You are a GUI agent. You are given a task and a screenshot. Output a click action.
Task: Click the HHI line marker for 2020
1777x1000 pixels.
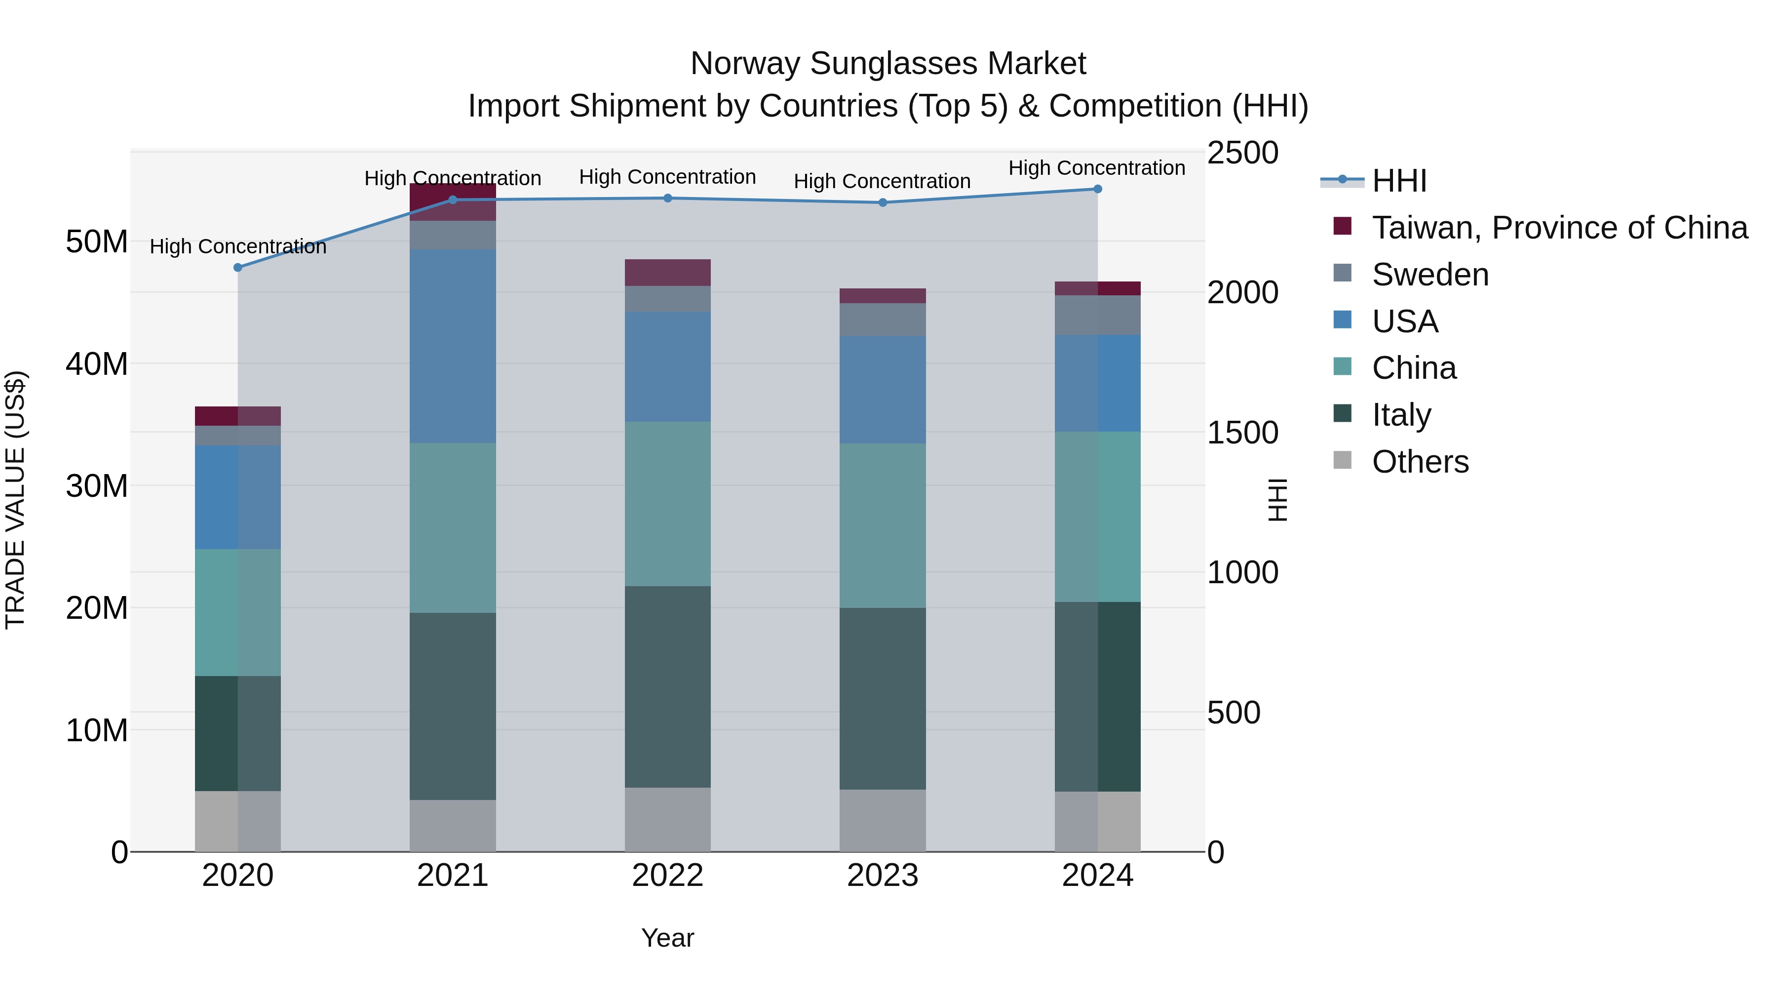[238, 268]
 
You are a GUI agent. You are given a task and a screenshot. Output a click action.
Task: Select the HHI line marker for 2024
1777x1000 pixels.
[1097, 189]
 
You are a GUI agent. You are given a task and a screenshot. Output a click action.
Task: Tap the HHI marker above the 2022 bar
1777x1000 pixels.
[668, 199]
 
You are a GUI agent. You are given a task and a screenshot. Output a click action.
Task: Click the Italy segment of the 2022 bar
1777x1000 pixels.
[668, 687]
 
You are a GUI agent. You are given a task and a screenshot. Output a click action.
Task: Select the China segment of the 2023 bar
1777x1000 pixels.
[882, 526]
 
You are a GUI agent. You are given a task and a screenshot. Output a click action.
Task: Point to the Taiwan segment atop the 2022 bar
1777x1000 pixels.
[668, 273]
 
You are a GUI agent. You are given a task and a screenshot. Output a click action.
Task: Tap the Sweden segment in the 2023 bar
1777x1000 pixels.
[882, 320]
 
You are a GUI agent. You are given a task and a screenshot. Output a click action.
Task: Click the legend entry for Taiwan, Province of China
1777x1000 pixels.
[1559, 228]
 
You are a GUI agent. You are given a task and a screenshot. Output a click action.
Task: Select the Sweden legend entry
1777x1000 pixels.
[1429, 275]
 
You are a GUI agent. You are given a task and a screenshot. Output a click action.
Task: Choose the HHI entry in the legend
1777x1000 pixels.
[1398, 181]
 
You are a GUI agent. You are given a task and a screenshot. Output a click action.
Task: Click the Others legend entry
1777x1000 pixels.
[1420, 462]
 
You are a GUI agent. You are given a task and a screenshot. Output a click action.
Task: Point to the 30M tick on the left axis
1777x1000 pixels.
[97, 486]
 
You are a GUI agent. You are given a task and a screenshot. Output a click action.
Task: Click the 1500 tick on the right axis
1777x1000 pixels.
[1242, 433]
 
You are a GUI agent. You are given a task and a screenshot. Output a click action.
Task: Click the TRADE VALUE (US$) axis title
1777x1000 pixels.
[15, 500]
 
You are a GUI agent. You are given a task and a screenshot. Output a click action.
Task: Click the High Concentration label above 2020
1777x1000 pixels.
[238, 246]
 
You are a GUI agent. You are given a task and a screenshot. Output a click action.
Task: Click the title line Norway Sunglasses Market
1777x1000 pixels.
[888, 64]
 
